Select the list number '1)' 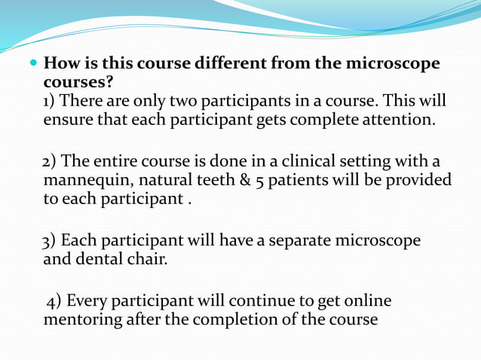click(50, 101)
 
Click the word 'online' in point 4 click(366, 301)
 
